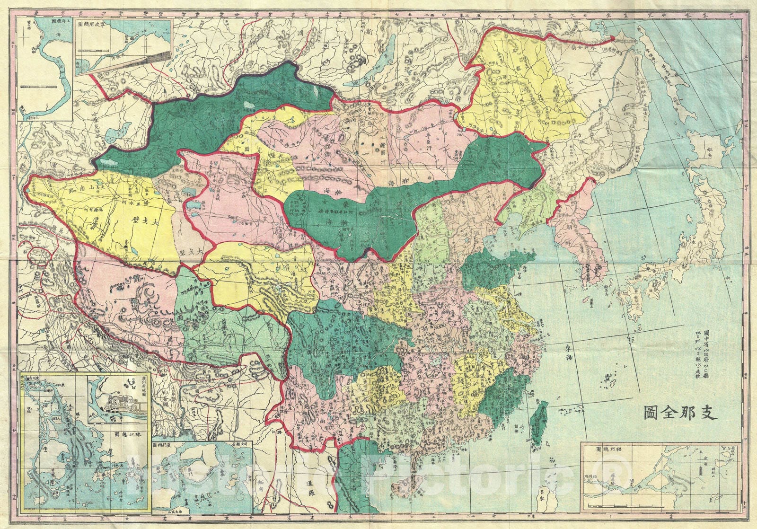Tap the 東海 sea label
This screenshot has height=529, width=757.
pos(569,353)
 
